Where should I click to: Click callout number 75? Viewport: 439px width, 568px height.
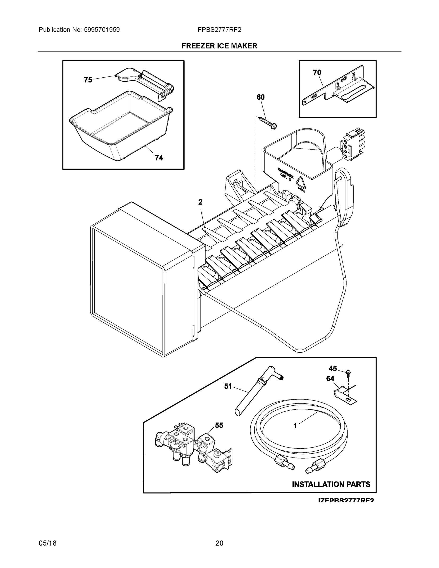(88, 80)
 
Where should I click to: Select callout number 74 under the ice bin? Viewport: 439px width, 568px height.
(159, 158)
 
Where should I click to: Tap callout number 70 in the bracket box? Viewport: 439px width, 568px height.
(317, 73)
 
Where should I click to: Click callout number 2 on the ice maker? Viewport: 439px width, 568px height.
(200, 202)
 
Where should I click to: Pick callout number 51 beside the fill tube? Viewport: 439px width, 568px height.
(228, 386)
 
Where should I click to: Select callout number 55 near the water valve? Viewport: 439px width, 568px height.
(219, 425)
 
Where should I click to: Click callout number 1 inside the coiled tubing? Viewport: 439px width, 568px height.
(295, 426)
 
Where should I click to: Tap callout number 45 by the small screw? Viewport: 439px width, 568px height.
(333, 368)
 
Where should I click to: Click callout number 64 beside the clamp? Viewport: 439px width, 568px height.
(330, 379)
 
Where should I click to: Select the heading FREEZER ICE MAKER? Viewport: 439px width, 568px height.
(219, 46)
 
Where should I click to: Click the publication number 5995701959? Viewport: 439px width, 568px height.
(102, 30)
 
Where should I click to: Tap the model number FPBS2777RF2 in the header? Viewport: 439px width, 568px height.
(219, 30)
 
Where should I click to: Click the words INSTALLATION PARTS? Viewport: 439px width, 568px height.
(331, 484)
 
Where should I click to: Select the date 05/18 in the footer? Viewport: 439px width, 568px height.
(48, 543)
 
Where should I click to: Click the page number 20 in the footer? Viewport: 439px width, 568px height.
(219, 543)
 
